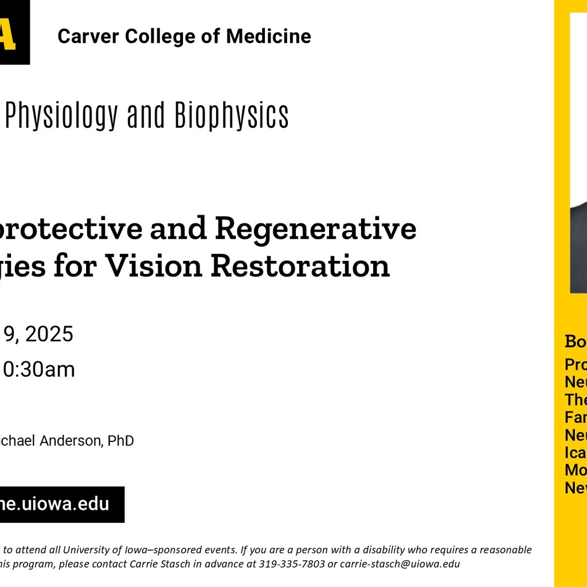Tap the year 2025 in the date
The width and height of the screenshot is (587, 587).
pyautogui.click(x=49, y=334)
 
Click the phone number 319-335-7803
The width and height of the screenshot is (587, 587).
pyautogui.click(x=291, y=563)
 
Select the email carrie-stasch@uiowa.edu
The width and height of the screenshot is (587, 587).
pyautogui.click(x=400, y=563)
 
